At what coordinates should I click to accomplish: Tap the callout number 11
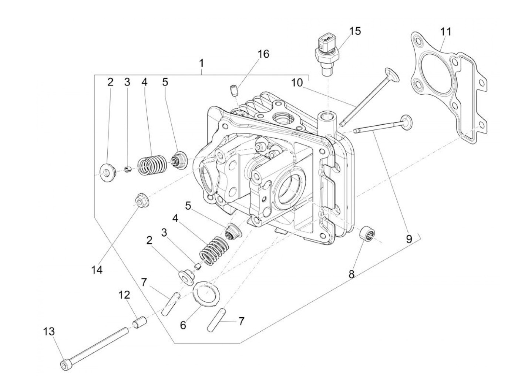pyautogui.click(x=446, y=32)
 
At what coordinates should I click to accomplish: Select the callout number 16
pyautogui.click(x=263, y=54)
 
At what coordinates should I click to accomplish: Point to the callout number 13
pyautogui.click(x=49, y=331)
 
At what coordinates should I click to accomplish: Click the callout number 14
pyautogui.click(x=97, y=270)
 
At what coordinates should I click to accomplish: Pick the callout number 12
pyautogui.click(x=124, y=295)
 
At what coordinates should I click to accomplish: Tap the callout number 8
pyautogui.click(x=351, y=274)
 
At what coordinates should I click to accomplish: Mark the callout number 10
pyautogui.click(x=296, y=82)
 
